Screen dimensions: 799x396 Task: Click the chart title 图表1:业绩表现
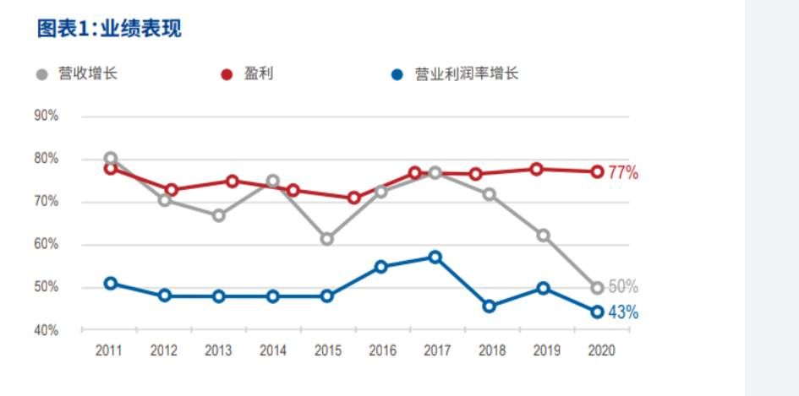[x=109, y=29]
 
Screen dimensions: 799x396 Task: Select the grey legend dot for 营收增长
[x=42, y=75]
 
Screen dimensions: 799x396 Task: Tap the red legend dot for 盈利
[x=227, y=75]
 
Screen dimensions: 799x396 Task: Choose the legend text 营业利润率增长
[x=467, y=74]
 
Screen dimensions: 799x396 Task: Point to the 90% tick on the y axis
[x=47, y=116]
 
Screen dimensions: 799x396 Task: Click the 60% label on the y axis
[x=47, y=244]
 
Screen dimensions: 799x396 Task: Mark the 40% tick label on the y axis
[x=47, y=330]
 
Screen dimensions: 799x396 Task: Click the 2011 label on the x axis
[x=108, y=350]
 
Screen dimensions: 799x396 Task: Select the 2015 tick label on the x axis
[x=328, y=350]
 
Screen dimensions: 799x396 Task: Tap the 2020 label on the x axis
[x=602, y=350]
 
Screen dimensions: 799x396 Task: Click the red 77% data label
[x=622, y=173]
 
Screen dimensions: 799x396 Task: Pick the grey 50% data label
[x=622, y=287]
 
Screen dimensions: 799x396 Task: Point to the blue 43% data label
[x=622, y=312]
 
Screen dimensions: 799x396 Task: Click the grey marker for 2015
[x=327, y=239]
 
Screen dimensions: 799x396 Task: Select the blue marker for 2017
[x=435, y=257]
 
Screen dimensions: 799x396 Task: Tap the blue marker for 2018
[x=490, y=306]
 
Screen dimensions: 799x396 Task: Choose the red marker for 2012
[x=172, y=190]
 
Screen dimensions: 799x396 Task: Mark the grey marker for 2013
[x=219, y=215]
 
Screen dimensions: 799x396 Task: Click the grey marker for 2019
[x=544, y=236]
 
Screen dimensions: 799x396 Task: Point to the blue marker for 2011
[x=111, y=284]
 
